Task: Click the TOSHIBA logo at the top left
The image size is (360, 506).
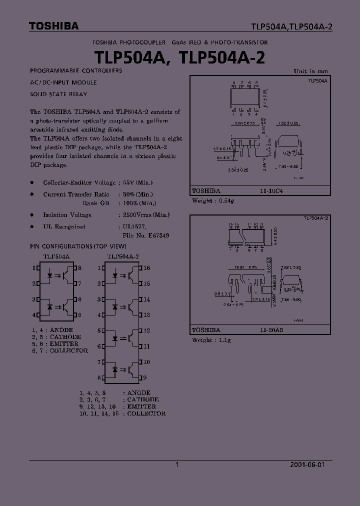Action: tap(53, 26)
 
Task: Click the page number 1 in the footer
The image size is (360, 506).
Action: tap(177, 464)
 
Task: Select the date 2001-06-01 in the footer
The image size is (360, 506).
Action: tap(307, 464)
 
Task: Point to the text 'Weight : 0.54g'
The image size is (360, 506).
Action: tap(213, 201)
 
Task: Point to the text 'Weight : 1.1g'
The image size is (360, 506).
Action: tap(211, 340)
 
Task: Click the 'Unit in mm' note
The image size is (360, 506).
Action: tap(310, 71)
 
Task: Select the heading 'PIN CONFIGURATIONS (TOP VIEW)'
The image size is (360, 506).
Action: tap(78, 246)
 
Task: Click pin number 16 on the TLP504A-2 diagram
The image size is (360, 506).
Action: tap(147, 268)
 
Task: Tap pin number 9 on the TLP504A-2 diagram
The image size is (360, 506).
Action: tap(145, 377)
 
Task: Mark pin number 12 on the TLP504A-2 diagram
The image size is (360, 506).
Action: tap(147, 330)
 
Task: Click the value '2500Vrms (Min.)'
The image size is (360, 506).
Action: tap(146, 215)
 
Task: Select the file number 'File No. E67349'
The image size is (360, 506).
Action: tap(145, 235)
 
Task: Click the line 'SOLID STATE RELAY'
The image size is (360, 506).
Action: tap(58, 94)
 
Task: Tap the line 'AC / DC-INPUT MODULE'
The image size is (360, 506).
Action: tap(63, 82)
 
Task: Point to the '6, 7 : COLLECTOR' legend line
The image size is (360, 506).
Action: tap(59, 350)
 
